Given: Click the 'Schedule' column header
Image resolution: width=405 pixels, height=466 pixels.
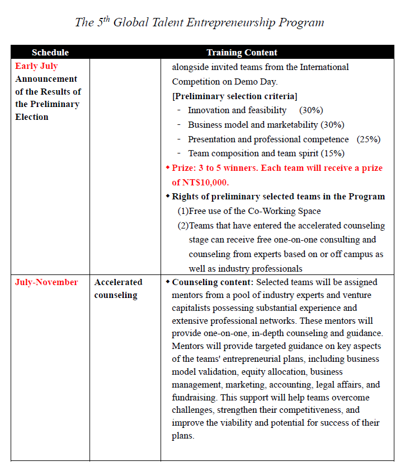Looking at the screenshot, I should pyautogui.click(x=50, y=52).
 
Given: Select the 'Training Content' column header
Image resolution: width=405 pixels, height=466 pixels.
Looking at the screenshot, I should pyautogui.click(x=242, y=52).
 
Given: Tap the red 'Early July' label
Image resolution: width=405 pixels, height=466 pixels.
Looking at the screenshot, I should pyautogui.click(x=36, y=66).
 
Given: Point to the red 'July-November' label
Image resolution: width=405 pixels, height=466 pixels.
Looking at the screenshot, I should pyautogui.click(x=46, y=282).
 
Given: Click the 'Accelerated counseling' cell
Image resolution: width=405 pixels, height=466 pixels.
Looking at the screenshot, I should pyautogui.click(x=118, y=288).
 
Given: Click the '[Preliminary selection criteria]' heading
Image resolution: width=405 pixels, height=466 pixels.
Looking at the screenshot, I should pyautogui.click(x=234, y=96).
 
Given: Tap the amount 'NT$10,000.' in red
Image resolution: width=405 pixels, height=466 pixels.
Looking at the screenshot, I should pyautogui.click(x=200, y=182).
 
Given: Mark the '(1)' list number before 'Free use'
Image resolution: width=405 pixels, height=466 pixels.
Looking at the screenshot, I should pyautogui.click(x=183, y=211).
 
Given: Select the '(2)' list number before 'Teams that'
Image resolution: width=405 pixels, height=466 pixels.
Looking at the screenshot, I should pyautogui.click(x=183, y=226).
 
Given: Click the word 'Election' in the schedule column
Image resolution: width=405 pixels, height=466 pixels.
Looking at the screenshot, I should pyautogui.click(x=32, y=117).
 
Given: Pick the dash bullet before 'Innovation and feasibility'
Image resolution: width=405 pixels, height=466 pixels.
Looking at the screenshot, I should pyautogui.click(x=178, y=110).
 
